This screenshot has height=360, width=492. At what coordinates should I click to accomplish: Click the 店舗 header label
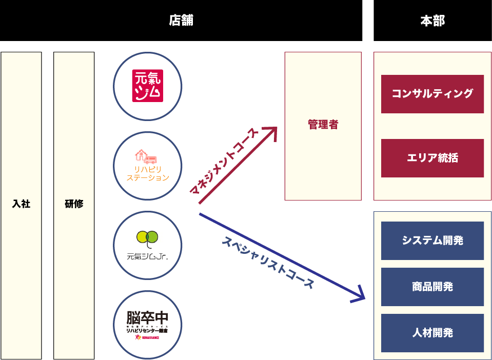(x=181, y=21)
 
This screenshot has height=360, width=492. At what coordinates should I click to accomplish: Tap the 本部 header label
(x=432, y=21)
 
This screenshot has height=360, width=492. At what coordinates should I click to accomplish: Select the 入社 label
(x=21, y=204)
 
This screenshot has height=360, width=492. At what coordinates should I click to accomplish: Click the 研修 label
(x=74, y=204)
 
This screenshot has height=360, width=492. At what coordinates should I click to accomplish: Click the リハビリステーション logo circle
(x=148, y=166)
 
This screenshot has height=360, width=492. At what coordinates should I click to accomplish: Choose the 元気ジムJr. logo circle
(x=148, y=245)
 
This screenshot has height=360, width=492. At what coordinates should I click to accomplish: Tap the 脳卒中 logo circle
(x=148, y=325)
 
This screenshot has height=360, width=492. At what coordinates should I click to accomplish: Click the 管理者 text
(x=323, y=125)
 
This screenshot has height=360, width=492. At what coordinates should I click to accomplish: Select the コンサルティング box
(x=432, y=94)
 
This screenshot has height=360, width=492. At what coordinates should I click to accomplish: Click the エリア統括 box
(x=432, y=158)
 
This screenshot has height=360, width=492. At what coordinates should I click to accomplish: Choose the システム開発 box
(x=432, y=241)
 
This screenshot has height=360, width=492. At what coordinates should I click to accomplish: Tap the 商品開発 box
(x=432, y=287)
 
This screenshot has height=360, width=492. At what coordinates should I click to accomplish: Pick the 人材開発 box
(x=432, y=333)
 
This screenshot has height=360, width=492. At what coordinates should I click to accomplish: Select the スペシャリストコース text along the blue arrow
(x=267, y=262)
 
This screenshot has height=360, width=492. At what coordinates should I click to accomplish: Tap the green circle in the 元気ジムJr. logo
(x=152, y=236)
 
